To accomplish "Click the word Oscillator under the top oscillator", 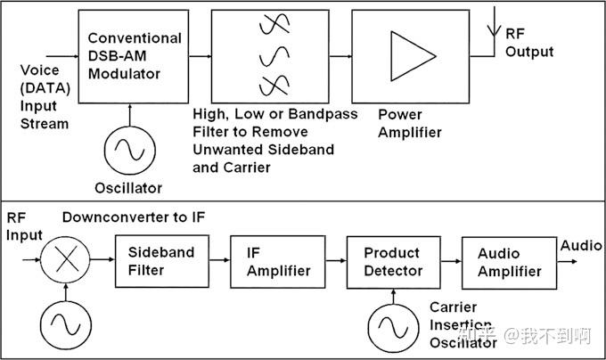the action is pyautogui.click(x=128, y=188).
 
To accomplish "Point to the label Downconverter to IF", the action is pyautogui.click(x=134, y=217).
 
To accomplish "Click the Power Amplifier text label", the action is pyautogui.click(x=410, y=123).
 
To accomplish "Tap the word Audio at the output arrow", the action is pyautogui.click(x=581, y=246).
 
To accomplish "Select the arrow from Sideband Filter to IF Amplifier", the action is pyautogui.click(x=219, y=260).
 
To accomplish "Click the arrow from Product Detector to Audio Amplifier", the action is pyautogui.click(x=451, y=261).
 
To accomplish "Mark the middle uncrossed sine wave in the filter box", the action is pyautogui.click(x=274, y=56).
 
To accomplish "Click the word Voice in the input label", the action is pyautogui.click(x=40, y=70).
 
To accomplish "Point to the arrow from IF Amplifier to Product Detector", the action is pyautogui.click(x=336, y=261).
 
